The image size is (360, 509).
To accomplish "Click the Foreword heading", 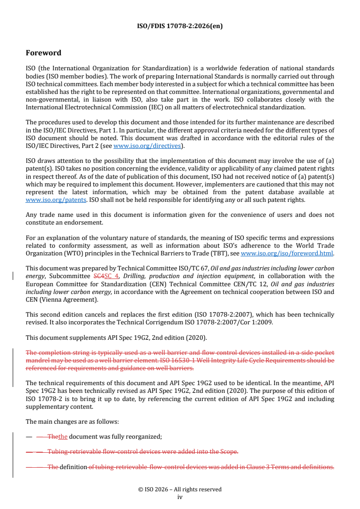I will pyautogui.click(x=44, y=53).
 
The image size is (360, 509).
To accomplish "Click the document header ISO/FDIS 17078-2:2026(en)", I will pyautogui.click(x=180, y=26).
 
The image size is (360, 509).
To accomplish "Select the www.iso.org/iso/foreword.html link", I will pyautogui.click(x=287, y=254).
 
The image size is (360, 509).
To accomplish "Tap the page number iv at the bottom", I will pyautogui.click(x=180, y=497).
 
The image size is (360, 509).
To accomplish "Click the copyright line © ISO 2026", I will pyautogui.click(x=180, y=489).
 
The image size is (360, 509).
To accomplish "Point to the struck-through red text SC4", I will pyautogui.click(x=99, y=276).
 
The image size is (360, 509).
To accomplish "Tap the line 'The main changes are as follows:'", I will pyautogui.click(x=72, y=421).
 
